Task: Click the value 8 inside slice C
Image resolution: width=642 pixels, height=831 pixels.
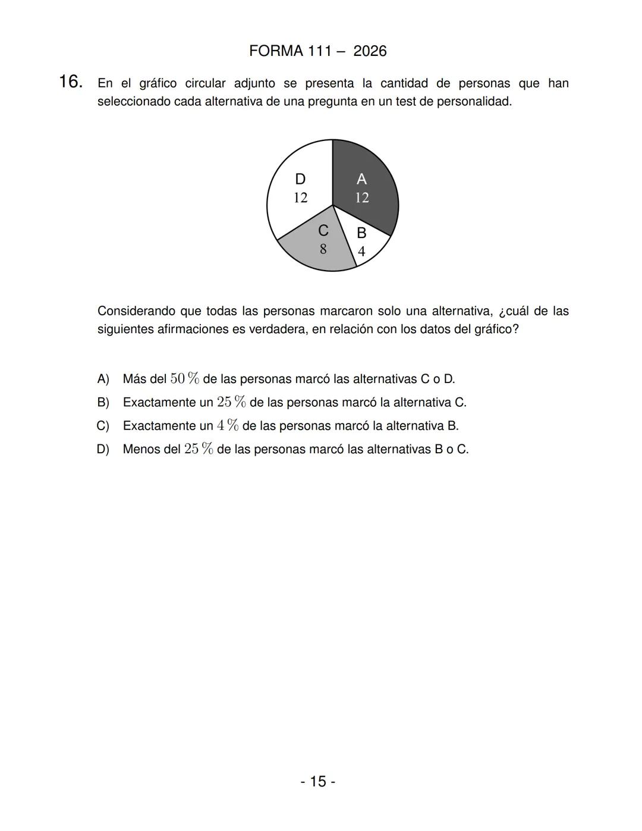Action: click(323, 249)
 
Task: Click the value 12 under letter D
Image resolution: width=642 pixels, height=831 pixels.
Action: click(301, 197)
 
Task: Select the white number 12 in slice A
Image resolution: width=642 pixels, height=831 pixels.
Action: click(362, 197)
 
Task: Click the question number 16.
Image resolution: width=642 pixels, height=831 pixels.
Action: click(71, 81)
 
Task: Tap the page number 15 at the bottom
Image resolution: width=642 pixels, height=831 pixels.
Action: click(318, 781)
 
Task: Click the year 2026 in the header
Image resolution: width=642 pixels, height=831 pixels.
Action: click(370, 51)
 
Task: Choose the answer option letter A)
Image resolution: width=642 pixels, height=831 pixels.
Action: click(103, 379)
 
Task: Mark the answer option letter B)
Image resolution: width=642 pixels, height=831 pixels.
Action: click(103, 403)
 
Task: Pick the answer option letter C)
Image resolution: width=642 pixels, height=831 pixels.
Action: click(103, 426)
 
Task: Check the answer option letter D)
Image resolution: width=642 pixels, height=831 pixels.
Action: click(103, 449)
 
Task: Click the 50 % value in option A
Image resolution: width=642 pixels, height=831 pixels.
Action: click(184, 379)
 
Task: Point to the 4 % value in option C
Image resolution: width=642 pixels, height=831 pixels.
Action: click(228, 426)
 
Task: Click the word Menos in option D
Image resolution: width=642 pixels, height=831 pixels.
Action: click(141, 449)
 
